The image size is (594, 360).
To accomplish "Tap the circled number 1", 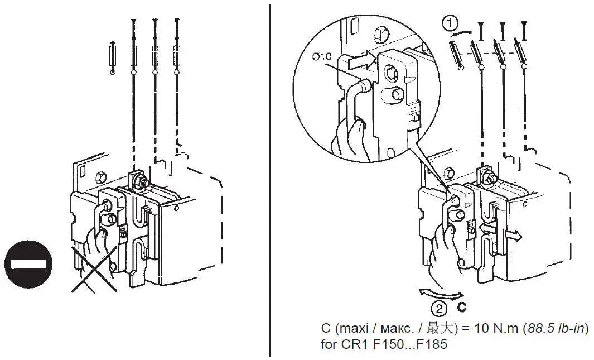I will (450, 24).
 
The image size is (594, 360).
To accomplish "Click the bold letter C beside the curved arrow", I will (462, 308).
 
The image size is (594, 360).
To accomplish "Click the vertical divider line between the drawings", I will (271, 179).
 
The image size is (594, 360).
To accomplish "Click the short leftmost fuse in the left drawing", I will (113, 57).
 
